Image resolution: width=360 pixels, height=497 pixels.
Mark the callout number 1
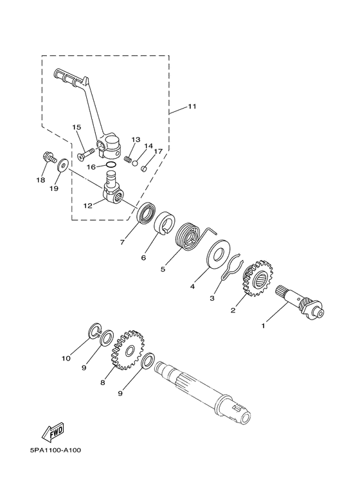coord(262,327)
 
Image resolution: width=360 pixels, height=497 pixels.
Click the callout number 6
coord(143,257)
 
